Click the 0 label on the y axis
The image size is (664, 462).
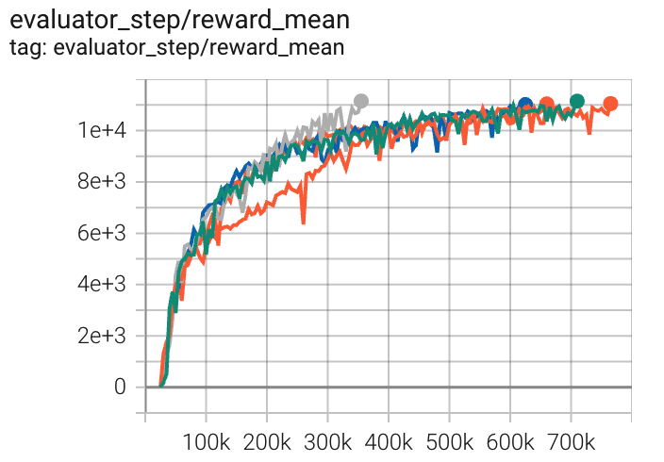[x=120, y=387]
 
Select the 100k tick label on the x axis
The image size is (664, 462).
[x=206, y=441]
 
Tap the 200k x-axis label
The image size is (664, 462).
[x=267, y=441]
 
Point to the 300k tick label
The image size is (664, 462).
[x=327, y=441]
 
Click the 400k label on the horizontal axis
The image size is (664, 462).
[x=389, y=441]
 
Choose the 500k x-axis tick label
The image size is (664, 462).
[x=449, y=441]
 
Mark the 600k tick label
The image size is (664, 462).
[x=510, y=441]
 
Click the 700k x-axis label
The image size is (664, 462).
[x=571, y=441]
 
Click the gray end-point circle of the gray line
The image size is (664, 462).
[x=360, y=101]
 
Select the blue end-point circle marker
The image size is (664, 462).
[x=525, y=105]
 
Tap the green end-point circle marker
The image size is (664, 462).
[x=577, y=101]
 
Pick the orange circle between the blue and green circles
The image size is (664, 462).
[x=547, y=105]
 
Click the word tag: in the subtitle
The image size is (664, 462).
[x=27, y=46]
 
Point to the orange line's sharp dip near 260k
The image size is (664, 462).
[x=303, y=222]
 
